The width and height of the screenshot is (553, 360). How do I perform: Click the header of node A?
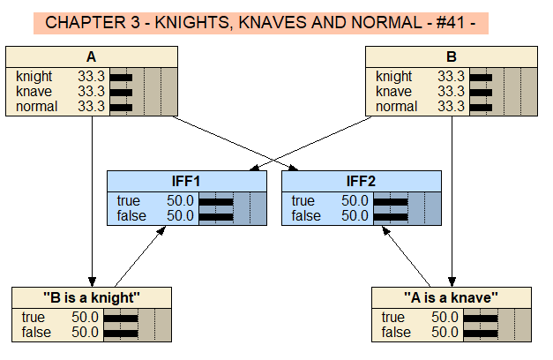pyautogui.click(x=92, y=57)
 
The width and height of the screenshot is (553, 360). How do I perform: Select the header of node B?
pyautogui.click(x=452, y=57)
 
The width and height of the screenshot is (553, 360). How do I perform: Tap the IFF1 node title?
pyautogui.click(x=186, y=181)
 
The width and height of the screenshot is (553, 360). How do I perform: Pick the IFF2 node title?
pyautogui.click(x=361, y=181)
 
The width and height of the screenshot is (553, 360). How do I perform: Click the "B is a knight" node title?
pyautogui.click(x=92, y=297)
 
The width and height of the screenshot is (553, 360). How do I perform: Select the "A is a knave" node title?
pyautogui.click(x=452, y=297)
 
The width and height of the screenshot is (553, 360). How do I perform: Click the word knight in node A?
pyautogui.click(x=34, y=77)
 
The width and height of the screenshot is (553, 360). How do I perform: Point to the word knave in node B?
pyautogui.click(x=393, y=92)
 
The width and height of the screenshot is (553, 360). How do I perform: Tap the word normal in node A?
pyautogui.click(x=36, y=107)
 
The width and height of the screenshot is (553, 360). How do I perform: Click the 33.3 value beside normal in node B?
pyautogui.click(x=451, y=107)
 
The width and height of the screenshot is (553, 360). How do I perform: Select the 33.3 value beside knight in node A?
pyautogui.click(x=91, y=77)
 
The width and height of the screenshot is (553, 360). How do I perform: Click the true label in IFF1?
pyautogui.click(x=128, y=201)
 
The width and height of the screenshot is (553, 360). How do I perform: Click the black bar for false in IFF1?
pyautogui.click(x=216, y=216)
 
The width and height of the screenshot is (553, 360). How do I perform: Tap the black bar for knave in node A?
pyautogui.click(x=120, y=92)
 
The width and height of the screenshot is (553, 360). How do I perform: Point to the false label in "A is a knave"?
pyautogui.click(x=396, y=333)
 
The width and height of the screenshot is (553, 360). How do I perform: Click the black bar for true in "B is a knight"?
pyautogui.click(x=121, y=318)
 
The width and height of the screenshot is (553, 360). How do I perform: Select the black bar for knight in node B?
pyautogui.click(x=481, y=77)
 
